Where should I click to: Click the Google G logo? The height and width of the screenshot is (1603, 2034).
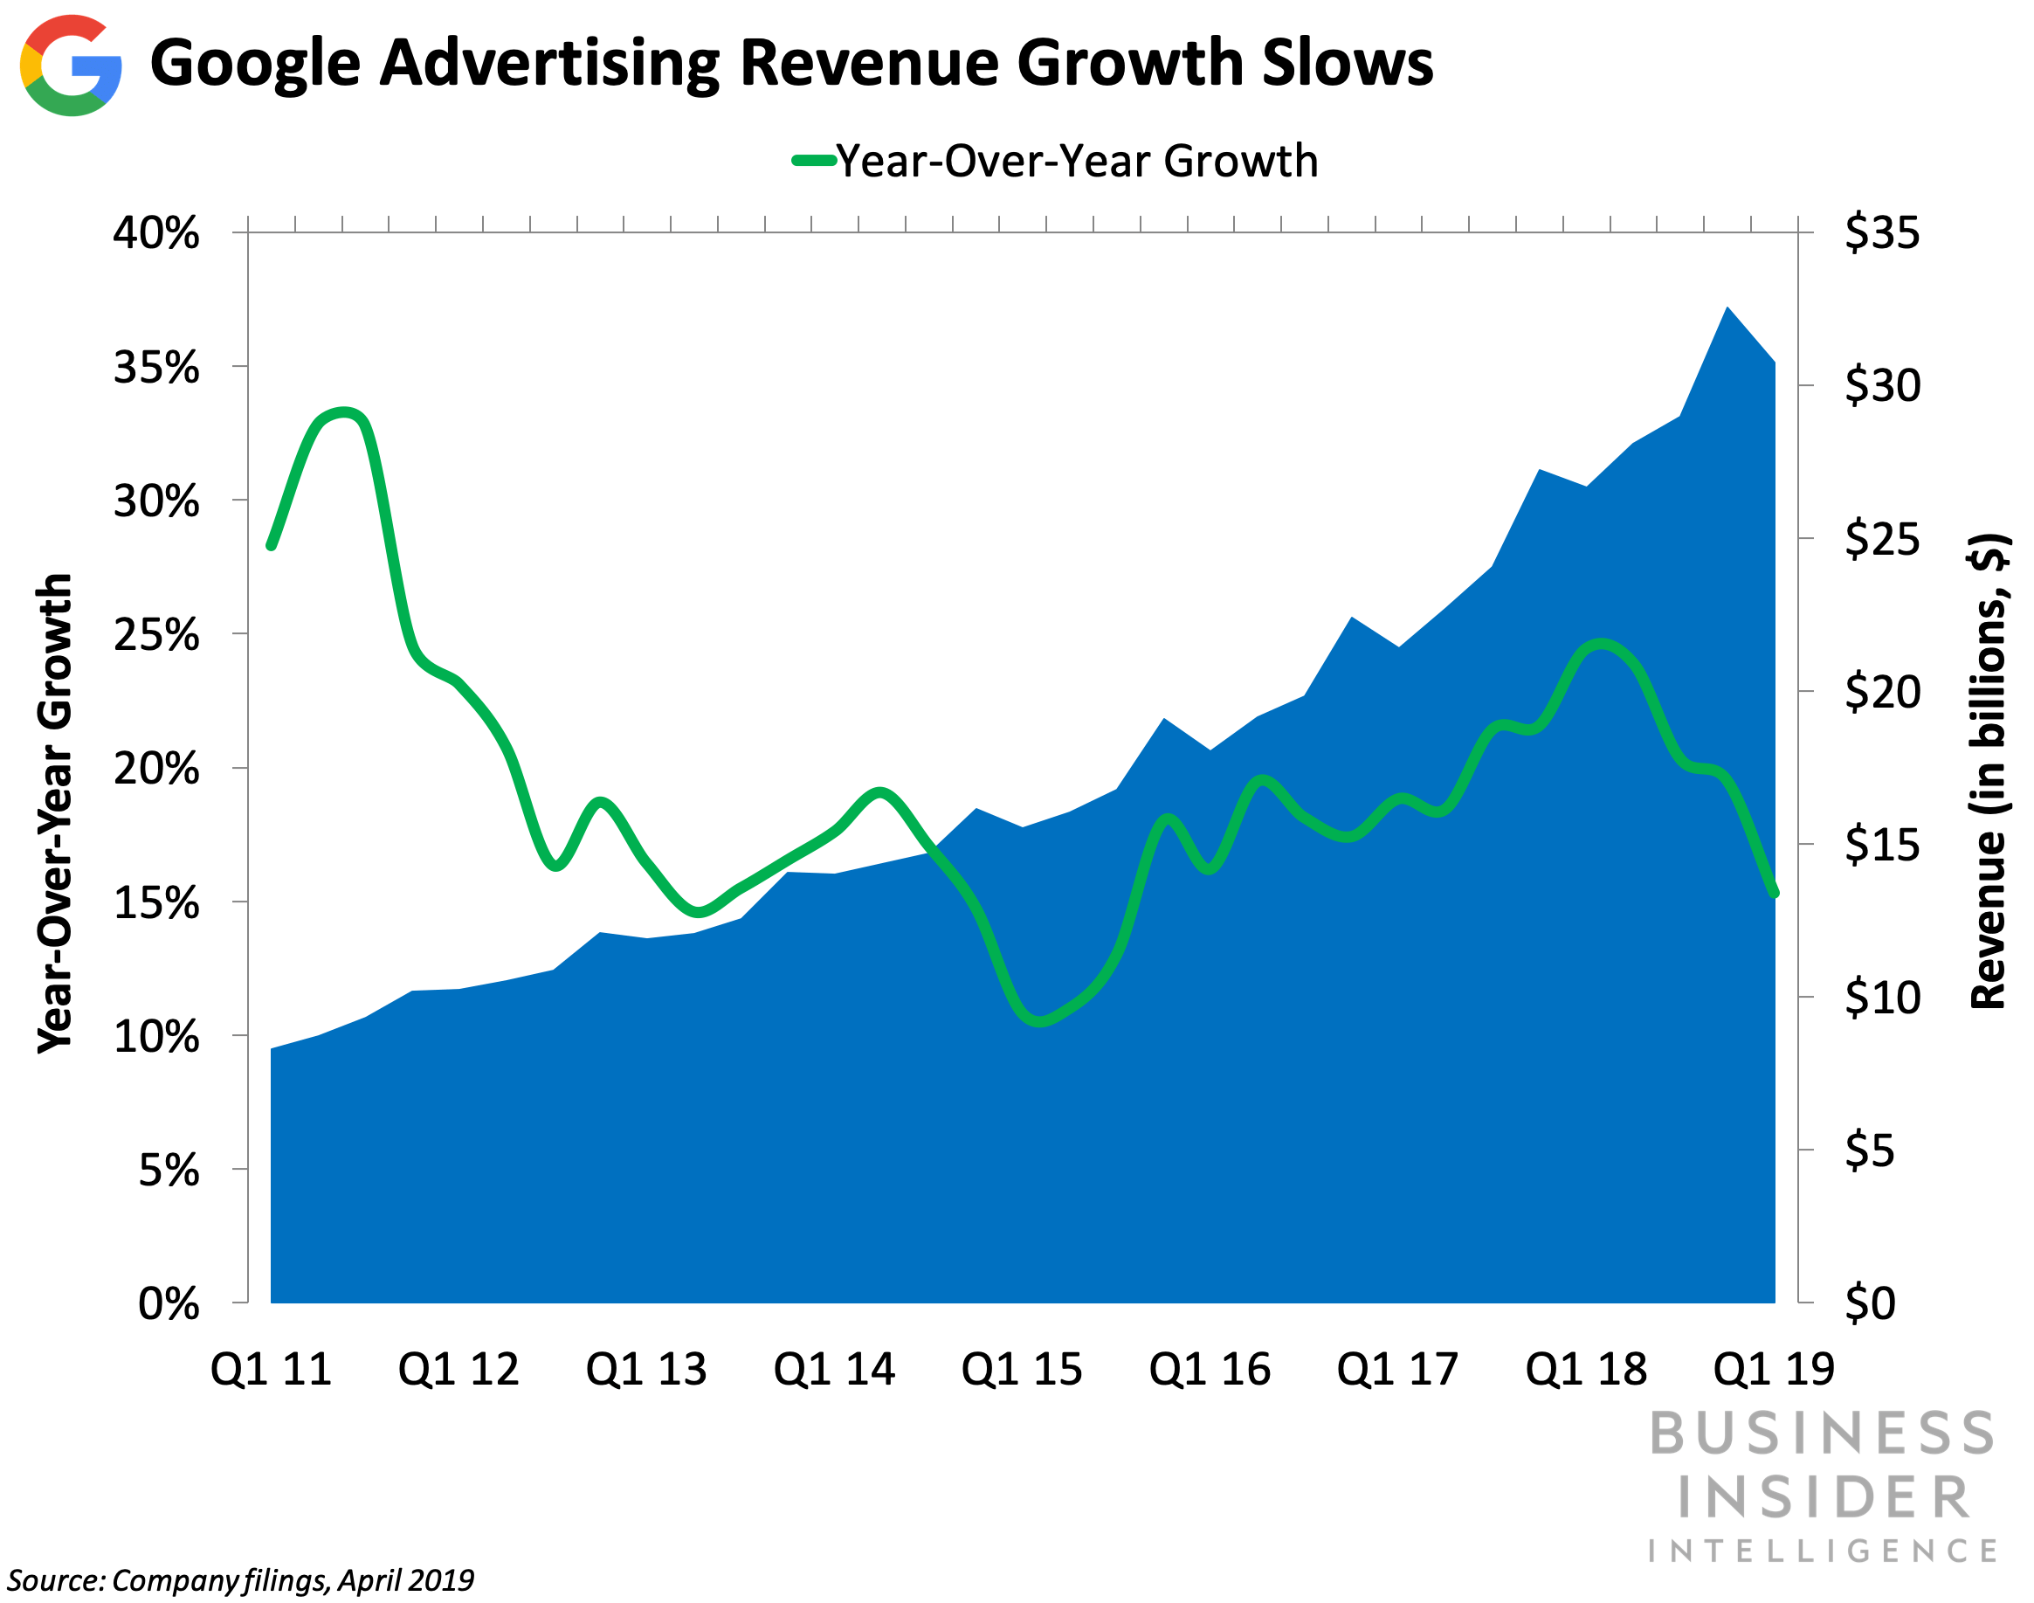(71, 66)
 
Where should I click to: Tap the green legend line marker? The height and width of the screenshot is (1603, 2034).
(813, 161)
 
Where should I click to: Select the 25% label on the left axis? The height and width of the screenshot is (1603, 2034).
(155, 635)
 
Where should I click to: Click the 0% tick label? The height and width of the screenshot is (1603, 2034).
(169, 1304)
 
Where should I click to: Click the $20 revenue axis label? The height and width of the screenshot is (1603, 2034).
(1882, 693)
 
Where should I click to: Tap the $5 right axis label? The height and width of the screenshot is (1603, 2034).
(1870, 1150)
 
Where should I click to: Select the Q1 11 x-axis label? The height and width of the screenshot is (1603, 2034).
(271, 1369)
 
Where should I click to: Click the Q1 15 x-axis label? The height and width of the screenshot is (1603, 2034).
(1022, 1369)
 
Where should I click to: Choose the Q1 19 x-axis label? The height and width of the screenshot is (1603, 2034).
(1773, 1369)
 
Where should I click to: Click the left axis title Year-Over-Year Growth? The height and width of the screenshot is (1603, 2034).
(54, 812)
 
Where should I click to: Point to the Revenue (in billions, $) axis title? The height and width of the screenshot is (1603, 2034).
(1986, 770)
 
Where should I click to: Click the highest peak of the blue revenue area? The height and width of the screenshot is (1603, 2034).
(1727, 308)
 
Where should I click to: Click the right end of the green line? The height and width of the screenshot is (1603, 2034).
(1774, 893)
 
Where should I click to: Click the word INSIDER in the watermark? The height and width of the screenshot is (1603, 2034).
(1823, 1498)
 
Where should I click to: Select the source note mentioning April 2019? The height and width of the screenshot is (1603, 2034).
(240, 1580)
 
